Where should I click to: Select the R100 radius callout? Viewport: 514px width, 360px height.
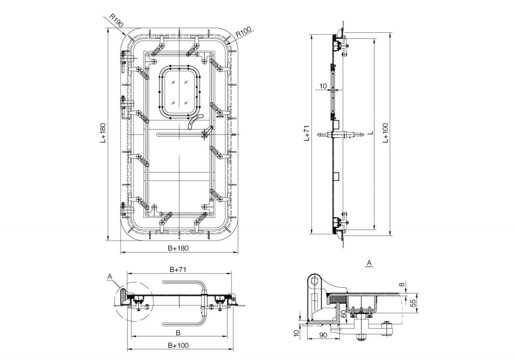tap(244, 33)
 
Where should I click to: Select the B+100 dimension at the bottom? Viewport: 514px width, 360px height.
tap(178, 345)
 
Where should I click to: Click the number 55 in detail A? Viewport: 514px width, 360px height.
tap(413, 303)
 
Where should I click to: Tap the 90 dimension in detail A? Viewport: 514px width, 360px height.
tap(323, 335)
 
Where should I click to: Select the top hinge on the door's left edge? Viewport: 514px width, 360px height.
tap(124, 62)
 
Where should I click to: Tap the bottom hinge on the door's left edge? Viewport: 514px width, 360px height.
tap(124, 207)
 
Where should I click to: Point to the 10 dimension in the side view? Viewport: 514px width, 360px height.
tap(322, 86)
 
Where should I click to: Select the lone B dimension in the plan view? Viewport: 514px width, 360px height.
tap(178, 332)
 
